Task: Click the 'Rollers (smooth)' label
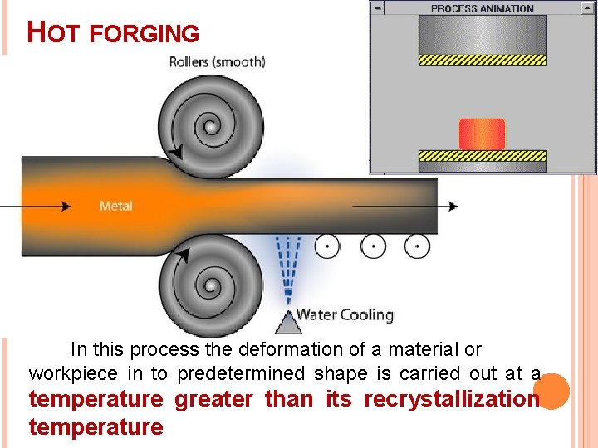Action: (217, 61)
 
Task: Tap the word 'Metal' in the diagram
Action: (115, 206)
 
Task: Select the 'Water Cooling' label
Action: (345, 314)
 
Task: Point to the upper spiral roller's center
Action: (210, 128)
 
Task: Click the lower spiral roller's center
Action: (210, 286)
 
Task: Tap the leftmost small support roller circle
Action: (329, 246)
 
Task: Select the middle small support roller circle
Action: (373, 246)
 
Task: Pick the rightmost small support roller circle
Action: (417, 246)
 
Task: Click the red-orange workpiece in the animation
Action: (482, 134)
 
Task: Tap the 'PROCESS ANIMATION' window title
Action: (482, 8)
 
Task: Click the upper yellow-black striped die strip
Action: (482, 60)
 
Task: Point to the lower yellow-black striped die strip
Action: (482, 155)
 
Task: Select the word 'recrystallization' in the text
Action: (452, 399)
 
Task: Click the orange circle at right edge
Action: (551, 391)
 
